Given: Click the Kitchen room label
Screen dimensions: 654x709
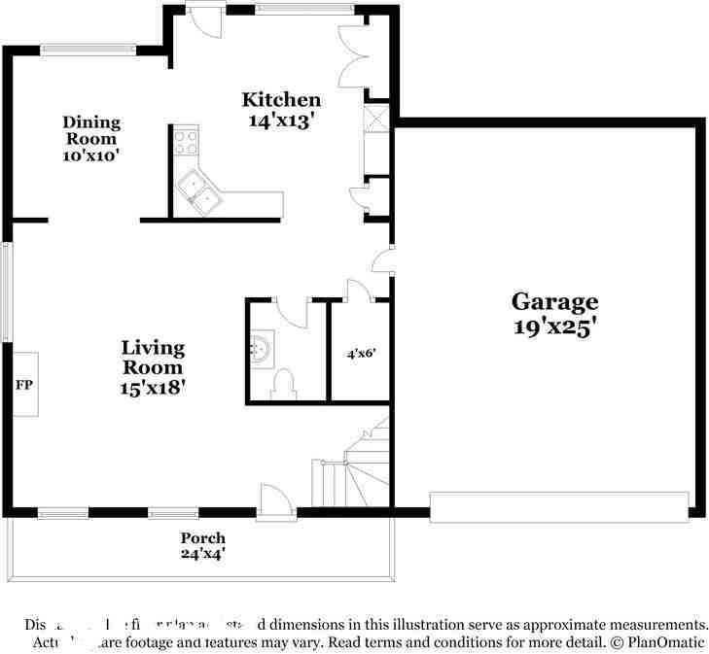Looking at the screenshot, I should click(281, 99).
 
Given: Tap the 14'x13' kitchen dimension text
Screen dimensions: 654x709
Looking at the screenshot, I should click(281, 120).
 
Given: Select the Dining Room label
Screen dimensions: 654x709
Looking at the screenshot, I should click(91, 130).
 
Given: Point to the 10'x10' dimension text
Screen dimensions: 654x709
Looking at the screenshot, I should click(91, 155).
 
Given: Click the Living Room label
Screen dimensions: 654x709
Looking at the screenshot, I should click(153, 358).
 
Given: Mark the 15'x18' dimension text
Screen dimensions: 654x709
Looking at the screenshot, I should click(153, 387).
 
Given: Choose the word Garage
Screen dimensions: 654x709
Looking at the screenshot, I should click(554, 301).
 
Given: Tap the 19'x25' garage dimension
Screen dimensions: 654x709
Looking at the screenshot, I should click(554, 327).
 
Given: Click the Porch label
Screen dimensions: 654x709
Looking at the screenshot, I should click(202, 537).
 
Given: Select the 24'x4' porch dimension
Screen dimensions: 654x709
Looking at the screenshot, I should click(202, 555).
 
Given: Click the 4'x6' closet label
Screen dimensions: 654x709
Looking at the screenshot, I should click(362, 354).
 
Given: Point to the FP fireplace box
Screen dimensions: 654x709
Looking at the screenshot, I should click(24, 385).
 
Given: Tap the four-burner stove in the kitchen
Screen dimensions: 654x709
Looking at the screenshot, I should click(186, 144).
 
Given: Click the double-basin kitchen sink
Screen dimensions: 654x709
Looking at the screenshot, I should click(200, 191).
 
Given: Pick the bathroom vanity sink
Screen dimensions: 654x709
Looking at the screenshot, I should click(262, 347).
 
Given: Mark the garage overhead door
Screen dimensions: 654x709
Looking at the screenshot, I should click(559, 505).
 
